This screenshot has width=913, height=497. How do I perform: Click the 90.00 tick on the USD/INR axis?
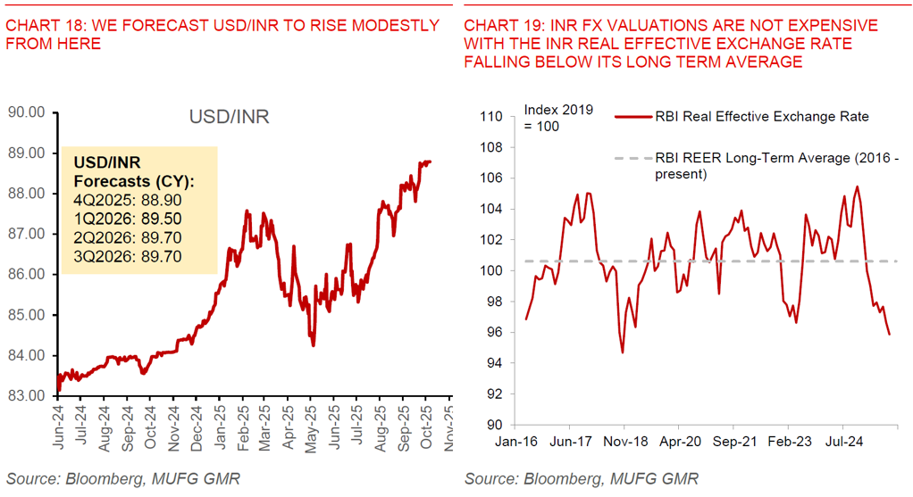pos(26,112)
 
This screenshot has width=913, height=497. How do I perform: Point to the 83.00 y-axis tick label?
pos(26,396)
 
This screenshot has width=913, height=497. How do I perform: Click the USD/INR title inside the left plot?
pos(229,117)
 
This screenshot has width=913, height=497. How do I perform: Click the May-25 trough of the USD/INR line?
pos(313,344)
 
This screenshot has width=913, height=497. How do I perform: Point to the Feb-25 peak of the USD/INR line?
pos(246,211)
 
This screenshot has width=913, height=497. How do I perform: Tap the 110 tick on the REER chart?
pos(493,117)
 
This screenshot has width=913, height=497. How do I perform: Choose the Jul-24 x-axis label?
pos(842,441)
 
